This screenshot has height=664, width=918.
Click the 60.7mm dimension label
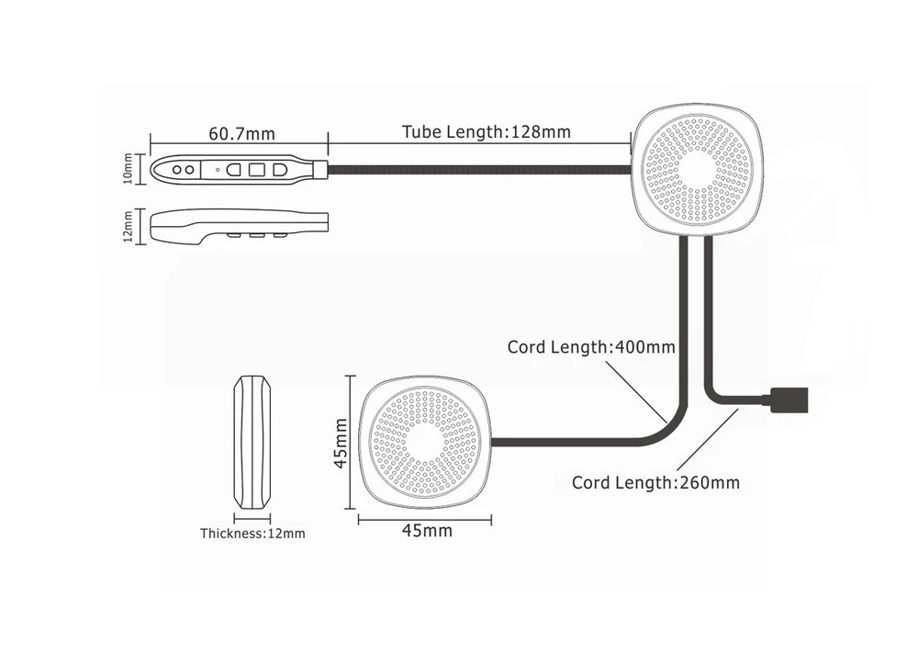tap(241, 133)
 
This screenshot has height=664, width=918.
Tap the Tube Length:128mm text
tap(486, 131)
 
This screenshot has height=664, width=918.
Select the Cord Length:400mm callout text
tap(591, 347)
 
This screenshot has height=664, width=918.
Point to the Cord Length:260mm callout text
tap(655, 482)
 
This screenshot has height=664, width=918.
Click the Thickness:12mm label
tap(252, 534)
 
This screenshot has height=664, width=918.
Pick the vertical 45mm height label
tap(341, 444)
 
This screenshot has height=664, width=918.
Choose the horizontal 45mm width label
tap(427, 531)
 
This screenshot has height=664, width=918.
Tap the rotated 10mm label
tap(128, 169)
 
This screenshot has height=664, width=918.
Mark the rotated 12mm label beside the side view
tap(128, 227)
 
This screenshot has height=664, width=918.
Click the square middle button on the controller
tap(256, 170)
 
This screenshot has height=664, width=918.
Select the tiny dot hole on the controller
tap(218, 170)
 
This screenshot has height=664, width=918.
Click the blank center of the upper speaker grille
tap(696, 169)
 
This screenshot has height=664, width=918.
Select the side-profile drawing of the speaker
tap(252, 443)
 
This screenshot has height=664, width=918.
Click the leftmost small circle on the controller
tap(177, 170)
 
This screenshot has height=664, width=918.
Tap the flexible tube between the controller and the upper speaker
tap(479, 170)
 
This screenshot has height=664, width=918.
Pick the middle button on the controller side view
tap(256, 235)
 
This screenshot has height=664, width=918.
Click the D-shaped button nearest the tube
tap(279, 170)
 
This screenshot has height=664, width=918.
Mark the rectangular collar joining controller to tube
tap(320, 169)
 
